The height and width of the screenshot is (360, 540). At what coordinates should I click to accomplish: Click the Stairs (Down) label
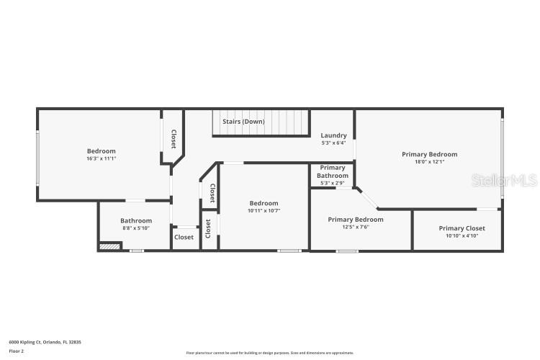[243, 122]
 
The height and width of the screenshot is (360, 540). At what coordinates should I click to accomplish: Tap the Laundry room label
[333, 135]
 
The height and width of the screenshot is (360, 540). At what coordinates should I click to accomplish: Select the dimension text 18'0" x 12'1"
[429, 162]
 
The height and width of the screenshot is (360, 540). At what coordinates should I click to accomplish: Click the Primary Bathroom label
[333, 171]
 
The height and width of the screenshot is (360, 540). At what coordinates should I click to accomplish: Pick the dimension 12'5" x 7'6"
[355, 227]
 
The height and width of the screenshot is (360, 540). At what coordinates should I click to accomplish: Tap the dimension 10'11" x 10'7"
[264, 211]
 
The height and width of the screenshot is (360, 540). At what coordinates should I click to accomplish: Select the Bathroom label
[136, 220]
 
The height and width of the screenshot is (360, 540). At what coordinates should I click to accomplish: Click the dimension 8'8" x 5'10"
[136, 228]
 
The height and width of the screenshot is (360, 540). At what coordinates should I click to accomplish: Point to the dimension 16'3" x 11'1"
[101, 158]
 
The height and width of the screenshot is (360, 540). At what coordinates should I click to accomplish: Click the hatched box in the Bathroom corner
[109, 246]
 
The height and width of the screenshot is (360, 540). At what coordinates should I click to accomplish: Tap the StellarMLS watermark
[504, 180]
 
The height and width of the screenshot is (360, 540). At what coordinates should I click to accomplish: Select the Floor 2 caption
[16, 351]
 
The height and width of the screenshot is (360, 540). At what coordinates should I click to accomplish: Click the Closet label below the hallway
[184, 237]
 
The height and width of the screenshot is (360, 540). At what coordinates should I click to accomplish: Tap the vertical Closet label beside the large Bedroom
[174, 138]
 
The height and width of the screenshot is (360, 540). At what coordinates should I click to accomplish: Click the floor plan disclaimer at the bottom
[270, 353]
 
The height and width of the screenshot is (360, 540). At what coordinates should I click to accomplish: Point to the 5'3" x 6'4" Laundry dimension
[333, 143]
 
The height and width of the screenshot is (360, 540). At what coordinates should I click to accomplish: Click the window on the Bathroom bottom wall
[136, 251]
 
